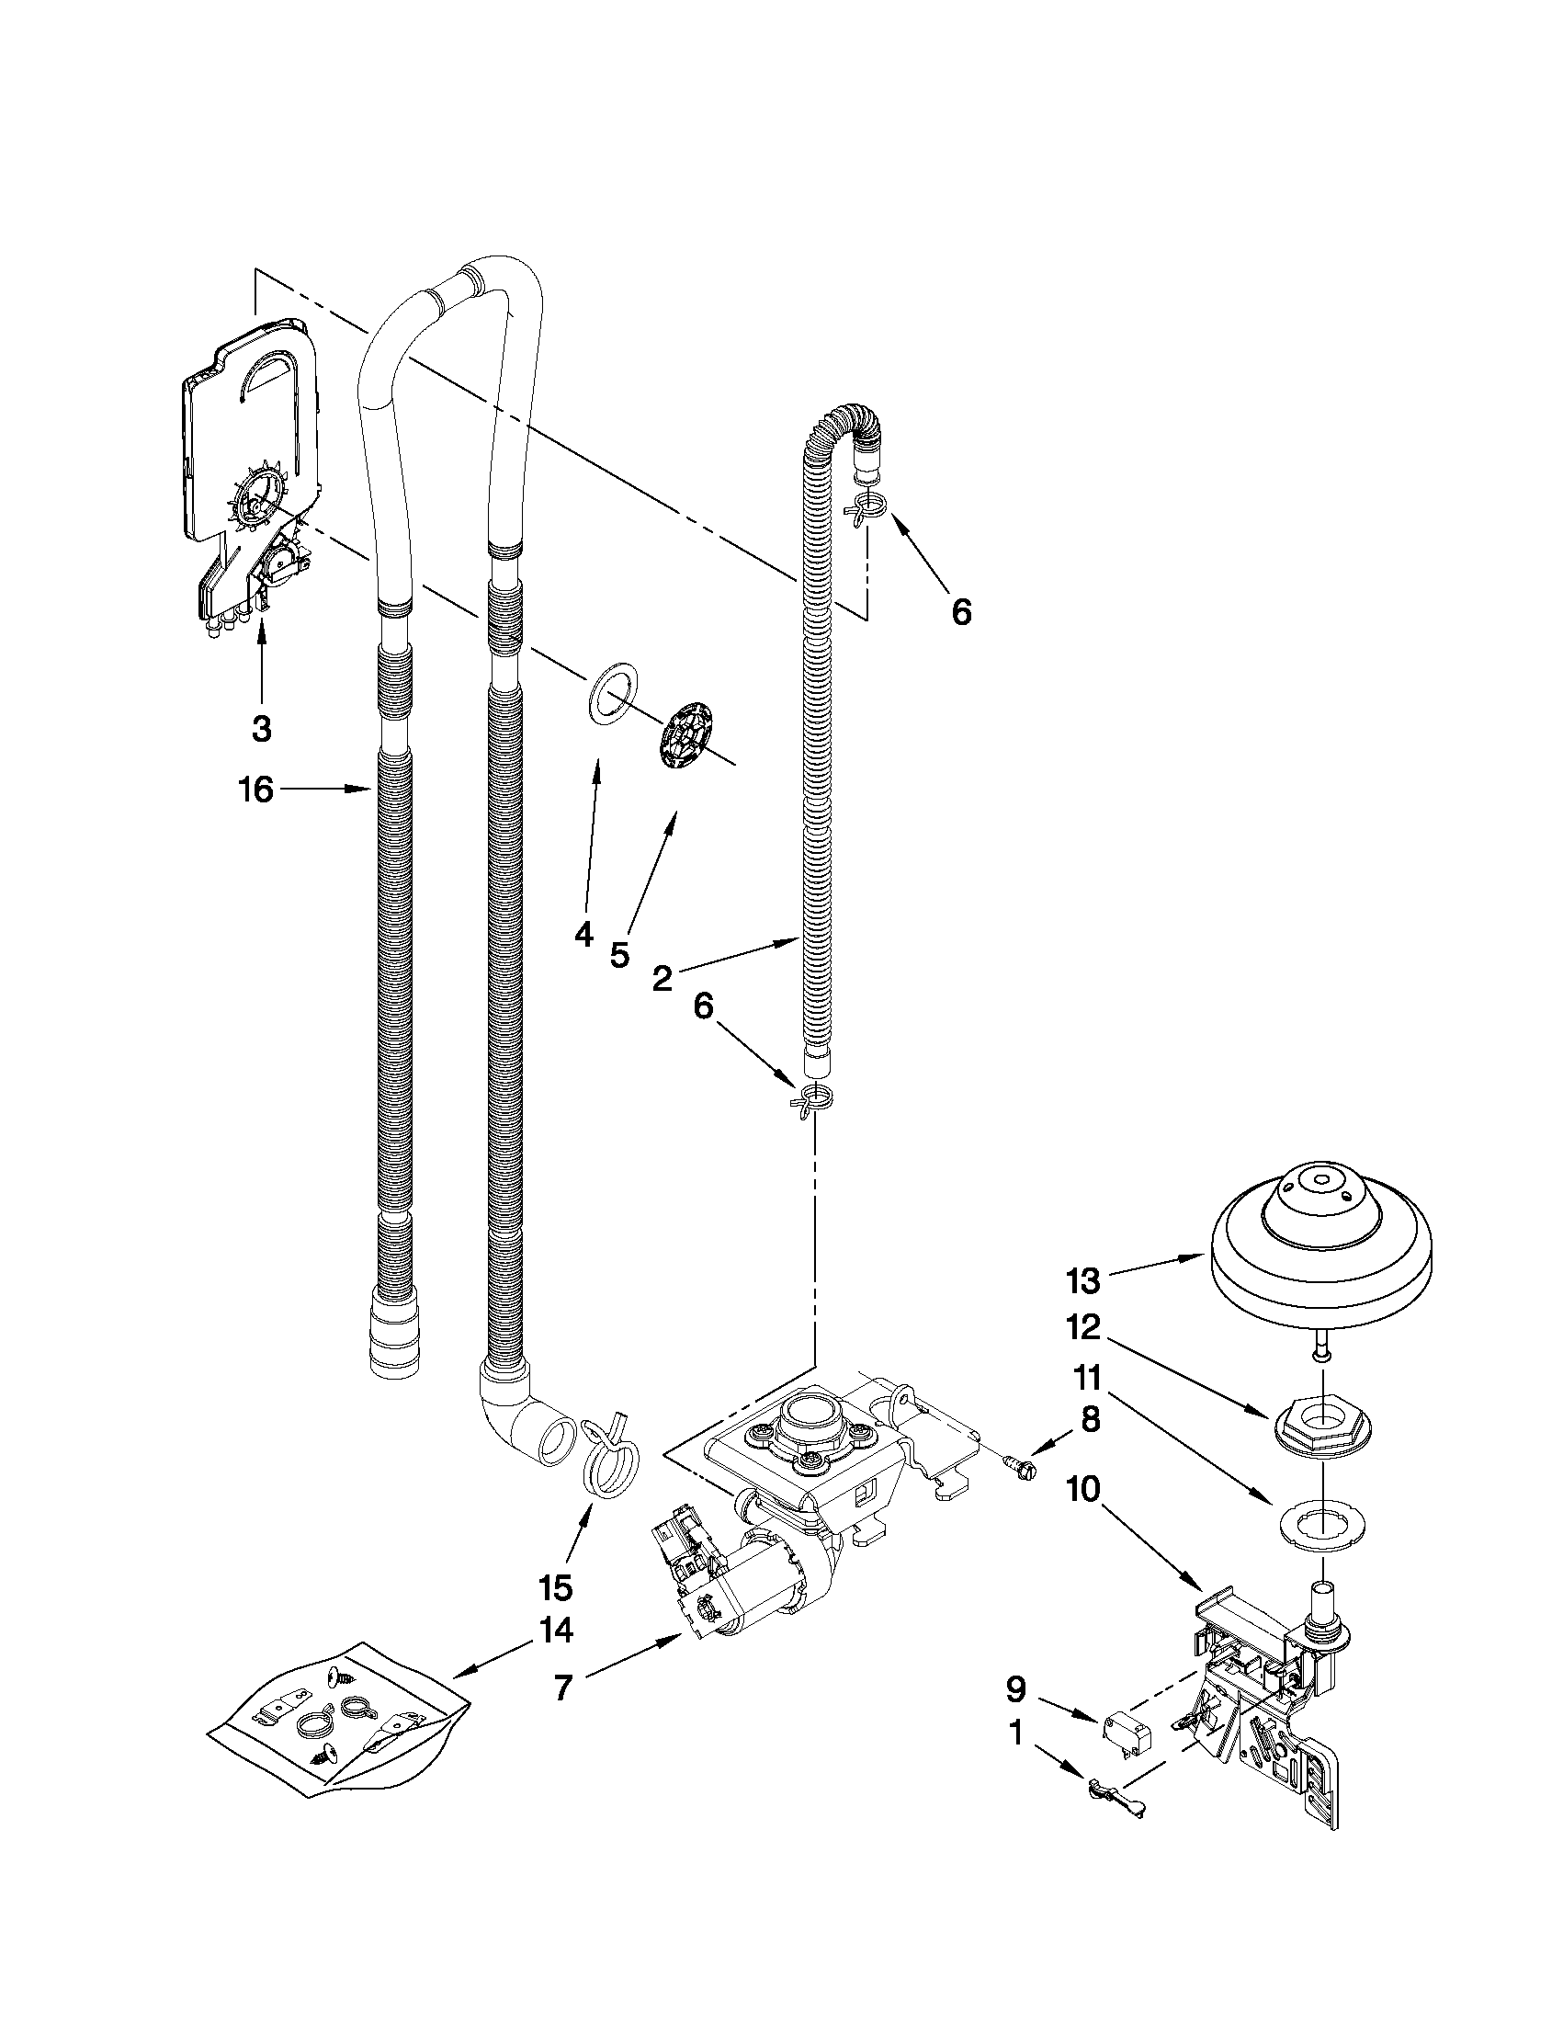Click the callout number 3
(x=262, y=728)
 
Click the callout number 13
(x=1082, y=1281)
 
